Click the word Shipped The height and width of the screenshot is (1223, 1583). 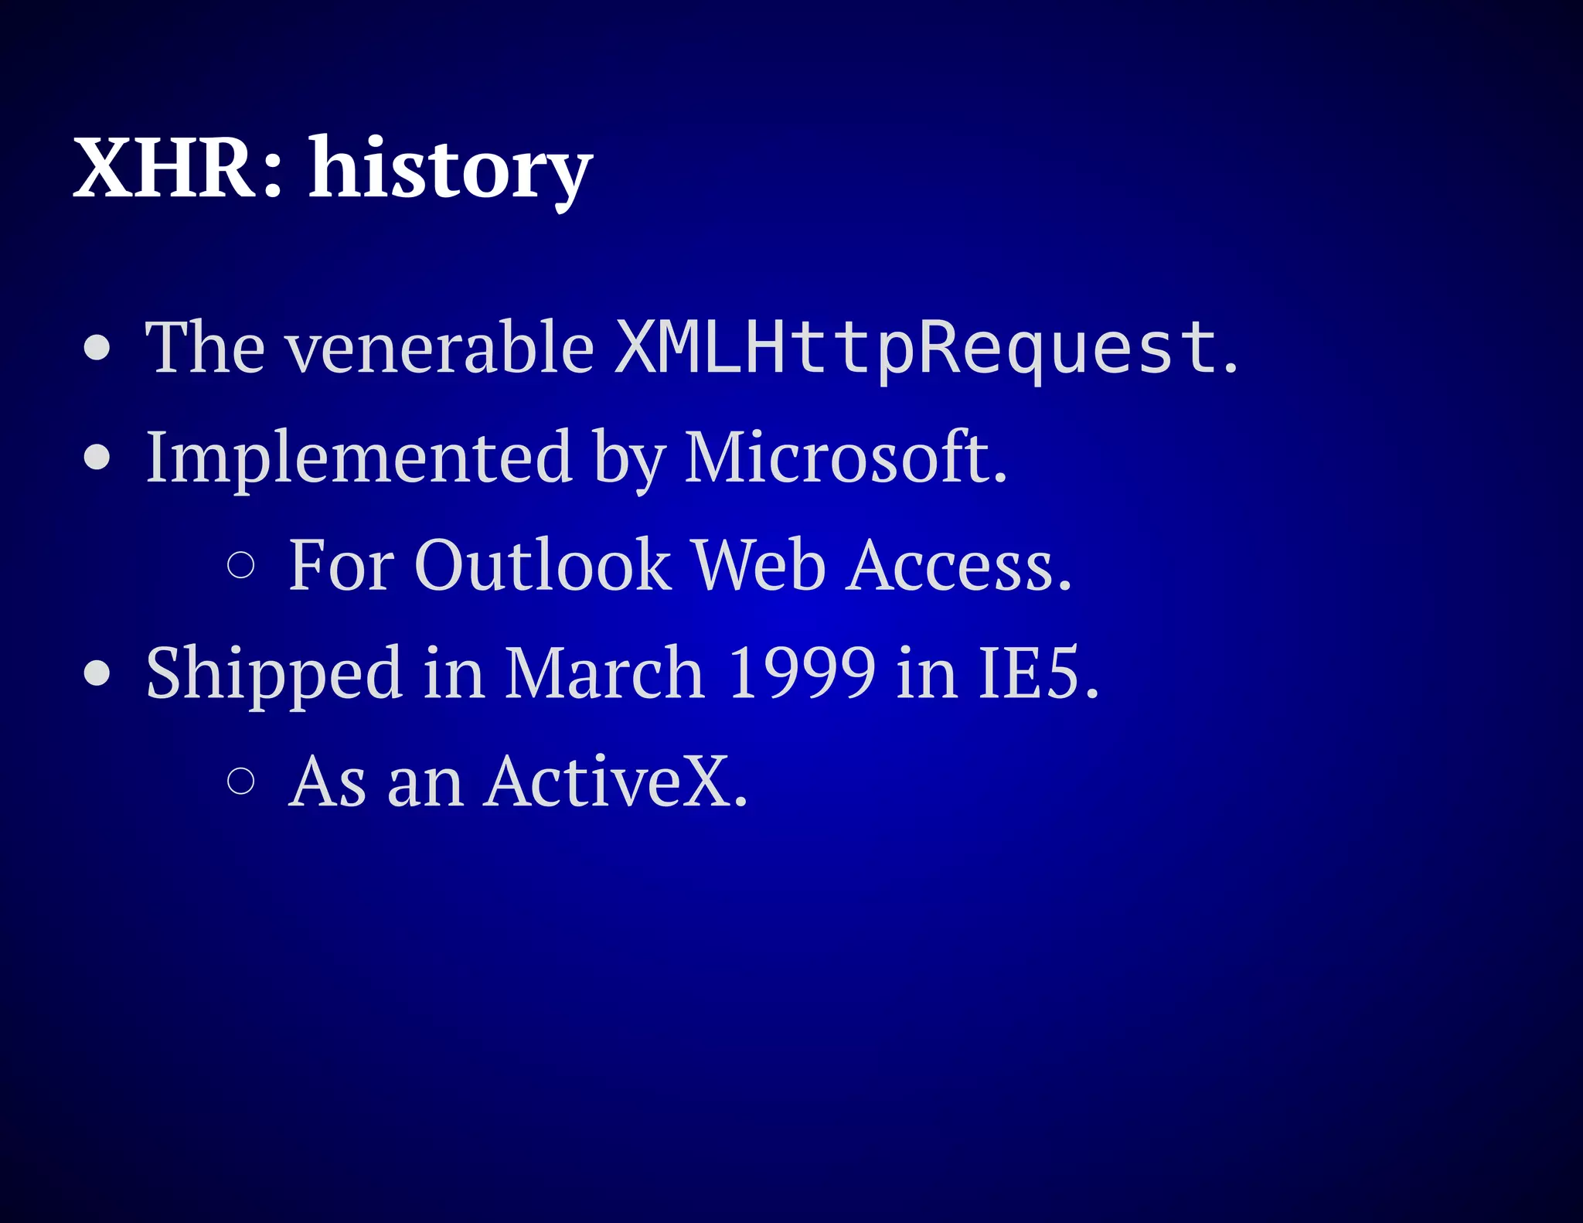click(x=274, y=673)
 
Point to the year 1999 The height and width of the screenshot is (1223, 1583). click(x=802, y=673)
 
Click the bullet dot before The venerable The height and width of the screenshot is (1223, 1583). click(x=97, y=348)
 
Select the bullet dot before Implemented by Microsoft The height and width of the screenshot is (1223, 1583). click(x=97, y=457)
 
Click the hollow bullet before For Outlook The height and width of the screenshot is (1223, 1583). click(x=241, y=565)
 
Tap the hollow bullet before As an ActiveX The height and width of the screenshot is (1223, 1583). click(x=241, y=782)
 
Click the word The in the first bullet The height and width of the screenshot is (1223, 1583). click(x=206, y=348)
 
